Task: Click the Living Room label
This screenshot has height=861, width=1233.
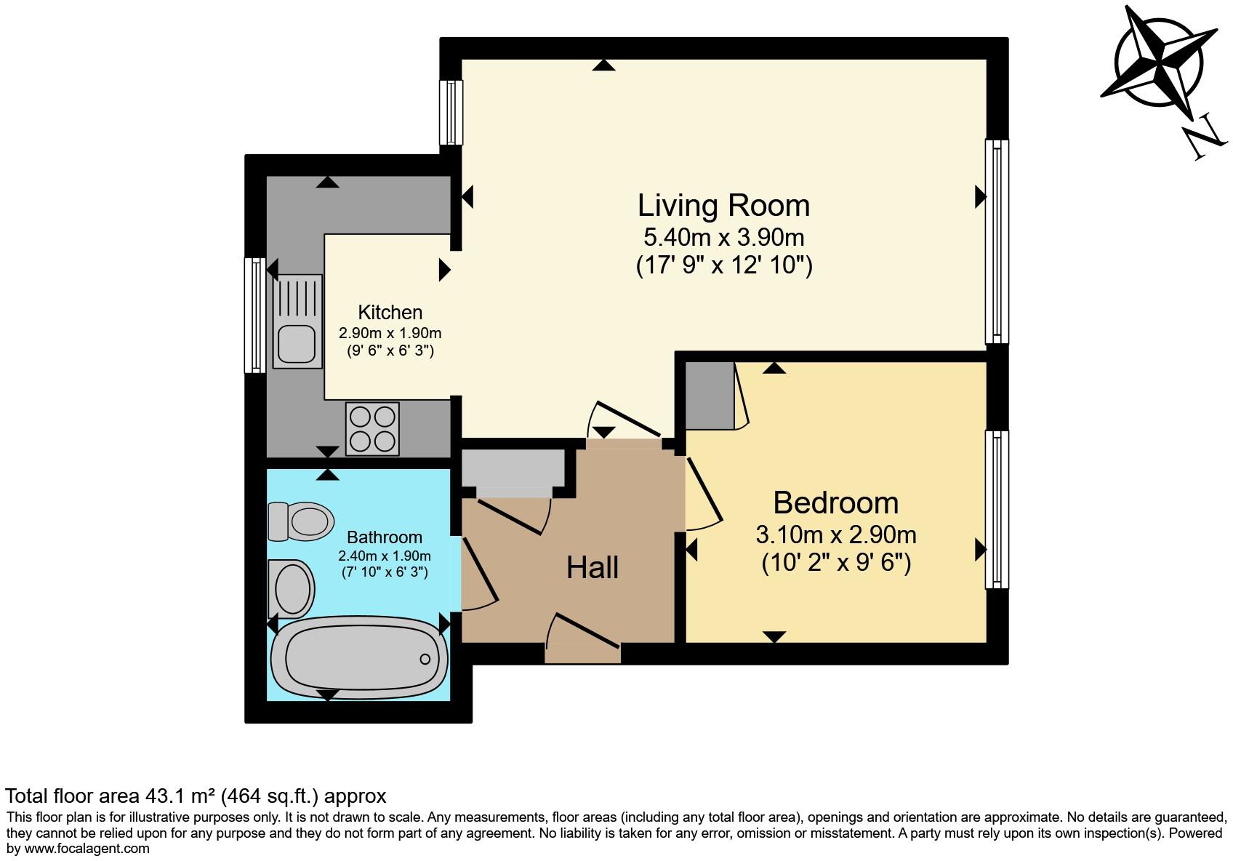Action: [x=723, y=206]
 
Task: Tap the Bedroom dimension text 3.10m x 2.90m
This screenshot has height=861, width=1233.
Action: [x=836, y=535]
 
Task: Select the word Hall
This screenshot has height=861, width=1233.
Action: [x=593, y=568]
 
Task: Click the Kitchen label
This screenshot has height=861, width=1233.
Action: [x=390, y=313]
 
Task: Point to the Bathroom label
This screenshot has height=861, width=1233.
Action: [x=384, y=537]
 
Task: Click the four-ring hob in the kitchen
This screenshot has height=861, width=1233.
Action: [x=372, y=428]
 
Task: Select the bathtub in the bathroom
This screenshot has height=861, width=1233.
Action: [x=359, y=658]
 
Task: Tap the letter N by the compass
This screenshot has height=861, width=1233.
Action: [x=1204, y=140]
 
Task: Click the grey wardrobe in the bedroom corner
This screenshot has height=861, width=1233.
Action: [x=710, y=396]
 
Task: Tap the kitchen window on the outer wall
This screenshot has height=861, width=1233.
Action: [x=254, y=315]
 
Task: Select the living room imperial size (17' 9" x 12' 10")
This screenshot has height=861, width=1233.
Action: [x=723, y=265]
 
